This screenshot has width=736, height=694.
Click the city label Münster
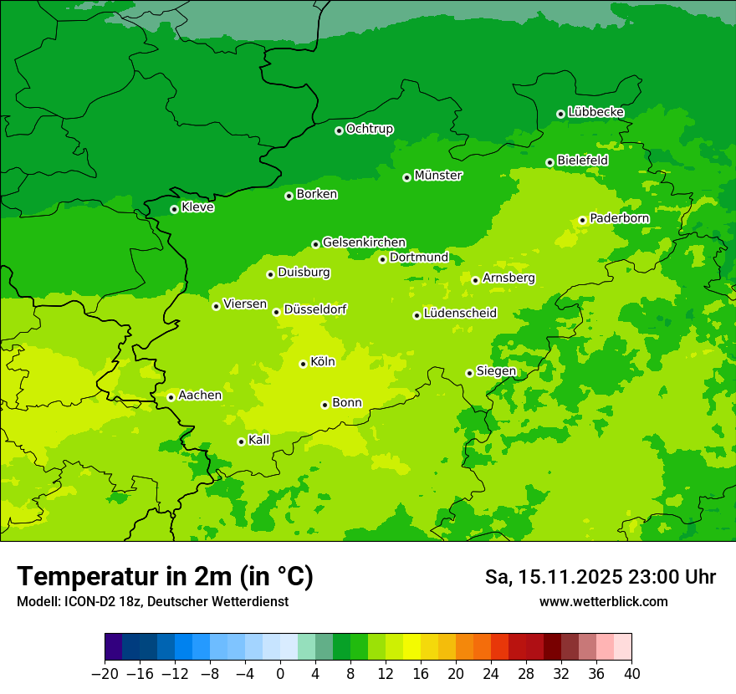438,176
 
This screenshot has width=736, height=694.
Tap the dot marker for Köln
303,364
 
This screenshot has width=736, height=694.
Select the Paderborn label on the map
620,218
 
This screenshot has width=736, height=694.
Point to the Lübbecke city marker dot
560,114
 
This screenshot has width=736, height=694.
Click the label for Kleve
198,207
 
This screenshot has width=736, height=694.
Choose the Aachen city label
200,395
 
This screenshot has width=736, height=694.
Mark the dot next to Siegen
469,373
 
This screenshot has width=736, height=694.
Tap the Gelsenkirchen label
364,242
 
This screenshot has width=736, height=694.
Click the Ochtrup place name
370,129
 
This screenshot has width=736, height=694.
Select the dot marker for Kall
241,441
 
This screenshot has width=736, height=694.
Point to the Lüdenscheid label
460,314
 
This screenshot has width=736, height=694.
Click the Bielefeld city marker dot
549,162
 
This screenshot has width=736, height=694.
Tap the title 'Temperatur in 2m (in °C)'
165,577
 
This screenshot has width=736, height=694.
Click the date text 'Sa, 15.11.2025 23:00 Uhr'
600,577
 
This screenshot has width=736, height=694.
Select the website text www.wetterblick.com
603,602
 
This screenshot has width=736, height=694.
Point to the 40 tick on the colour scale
631,674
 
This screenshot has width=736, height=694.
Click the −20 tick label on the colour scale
105,674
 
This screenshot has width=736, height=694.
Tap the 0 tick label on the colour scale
280,674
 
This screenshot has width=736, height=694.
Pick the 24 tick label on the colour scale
491,674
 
